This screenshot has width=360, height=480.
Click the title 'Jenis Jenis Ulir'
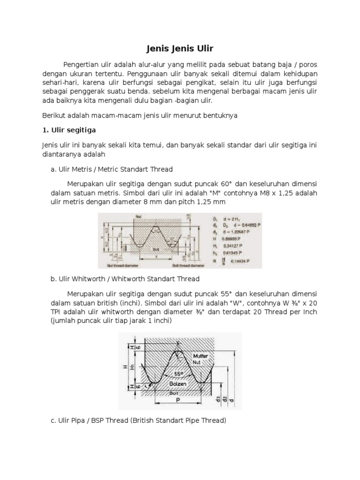point(180,48)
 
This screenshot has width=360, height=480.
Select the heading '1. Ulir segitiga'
point(70,130)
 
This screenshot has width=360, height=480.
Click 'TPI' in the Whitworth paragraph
point(57,312)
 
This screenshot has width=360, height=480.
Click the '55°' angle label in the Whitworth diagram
point(176,374)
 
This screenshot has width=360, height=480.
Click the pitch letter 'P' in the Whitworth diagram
point(178,402)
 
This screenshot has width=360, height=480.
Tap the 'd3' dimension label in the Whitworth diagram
point(219,399)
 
